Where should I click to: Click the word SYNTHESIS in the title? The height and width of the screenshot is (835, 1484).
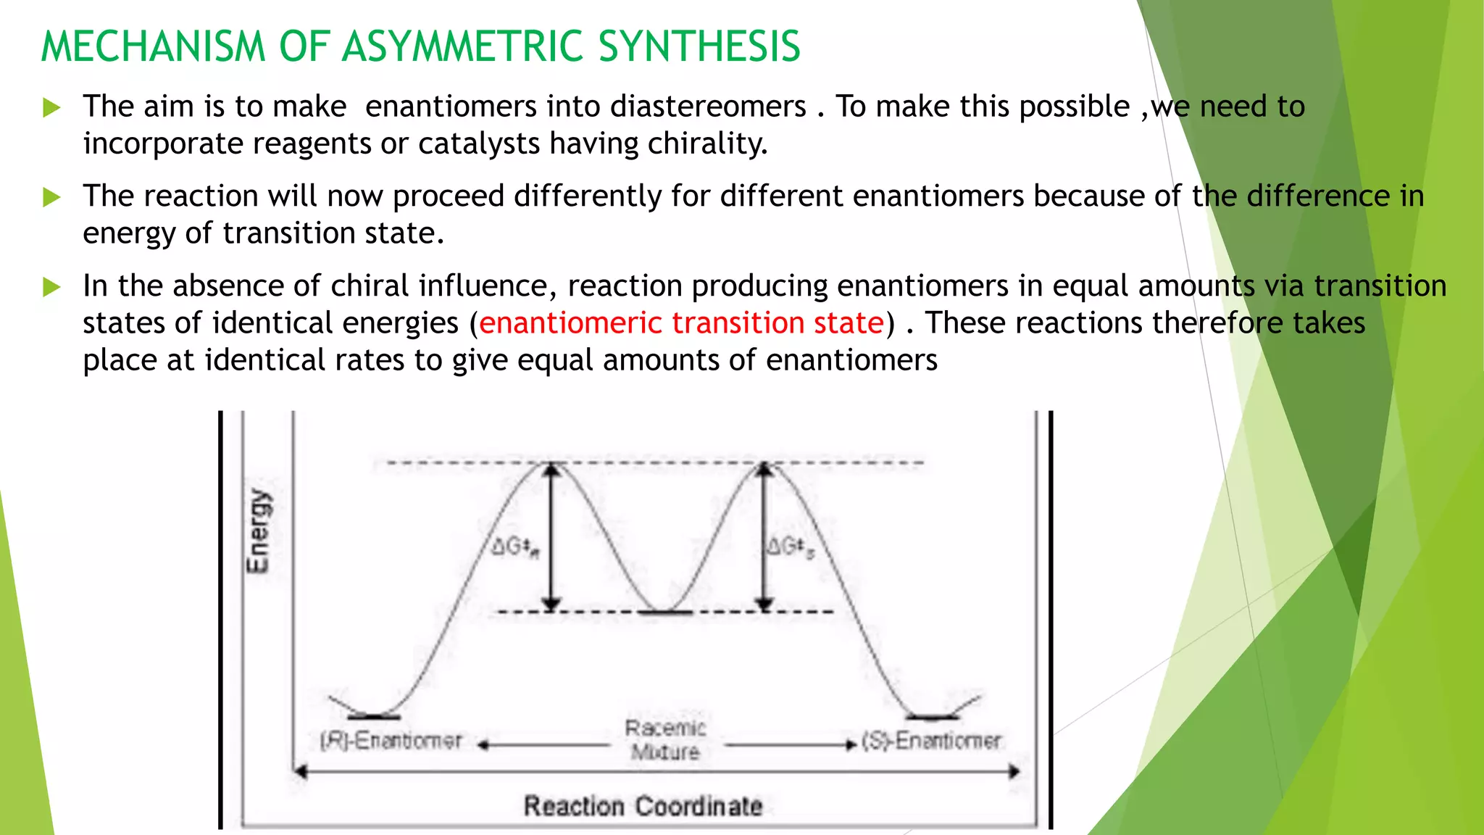(x=699, y=46)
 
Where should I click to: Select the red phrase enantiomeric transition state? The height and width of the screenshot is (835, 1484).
(x=681, y=323)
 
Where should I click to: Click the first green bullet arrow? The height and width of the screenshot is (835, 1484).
(x=51, y=108)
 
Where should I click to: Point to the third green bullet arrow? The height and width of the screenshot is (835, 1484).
(x=51, y=287)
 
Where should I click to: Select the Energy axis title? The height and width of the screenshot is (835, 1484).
(x=258, y=531)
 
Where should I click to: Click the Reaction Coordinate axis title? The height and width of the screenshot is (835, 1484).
(x=643, y=805)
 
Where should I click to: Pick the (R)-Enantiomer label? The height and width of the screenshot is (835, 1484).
(x=391, y=741)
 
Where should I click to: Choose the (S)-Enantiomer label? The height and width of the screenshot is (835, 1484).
(x=932, y=741)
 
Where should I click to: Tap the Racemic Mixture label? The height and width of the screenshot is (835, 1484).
(x=665, y=739)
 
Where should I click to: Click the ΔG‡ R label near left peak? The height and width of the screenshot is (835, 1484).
(x=515, y=547)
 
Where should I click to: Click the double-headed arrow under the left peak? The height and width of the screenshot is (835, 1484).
(x=552, y=536)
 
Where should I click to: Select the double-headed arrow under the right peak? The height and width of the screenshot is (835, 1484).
(x=764, y=536)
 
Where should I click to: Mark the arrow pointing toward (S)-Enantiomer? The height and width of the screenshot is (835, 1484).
(x=790, y=744)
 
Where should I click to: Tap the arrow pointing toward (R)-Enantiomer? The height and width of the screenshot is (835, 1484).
(x=543, y=744)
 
